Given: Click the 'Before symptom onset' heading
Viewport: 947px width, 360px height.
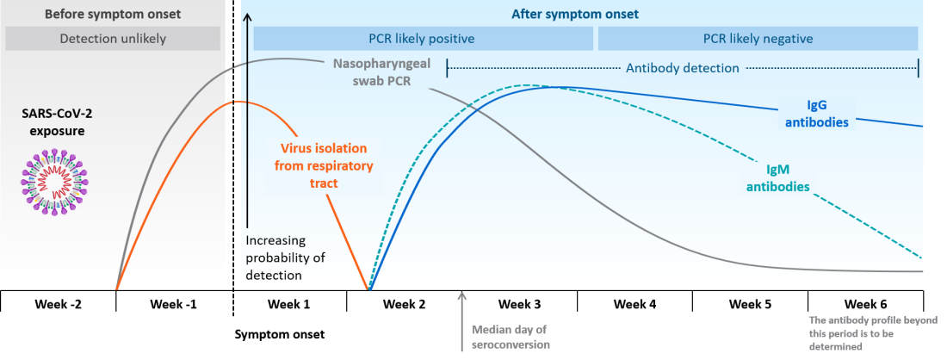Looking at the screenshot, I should [x=112, y=15].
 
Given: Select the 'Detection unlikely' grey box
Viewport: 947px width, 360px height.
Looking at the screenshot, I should [x=112, y=39].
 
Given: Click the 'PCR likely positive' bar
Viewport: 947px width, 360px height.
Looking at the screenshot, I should [x=422, y=39].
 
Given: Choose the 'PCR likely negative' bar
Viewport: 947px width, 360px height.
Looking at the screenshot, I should [x=758, y=39].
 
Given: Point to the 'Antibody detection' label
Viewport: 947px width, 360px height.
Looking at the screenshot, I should [x=682, y=68].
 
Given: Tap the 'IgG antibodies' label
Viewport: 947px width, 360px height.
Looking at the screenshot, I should [x=816, y=115].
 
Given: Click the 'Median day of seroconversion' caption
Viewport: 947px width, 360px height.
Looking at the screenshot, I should [x=510, y=337].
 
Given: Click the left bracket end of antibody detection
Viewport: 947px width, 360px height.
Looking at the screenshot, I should [x=448, y=68].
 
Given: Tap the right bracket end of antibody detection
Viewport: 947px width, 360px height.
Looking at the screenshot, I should [x=918, y=68].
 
